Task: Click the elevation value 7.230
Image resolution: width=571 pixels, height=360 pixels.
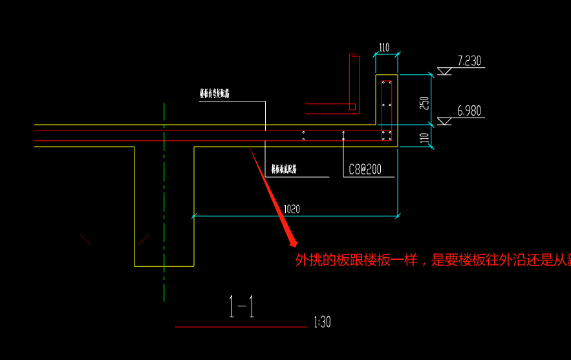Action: coord(469,61)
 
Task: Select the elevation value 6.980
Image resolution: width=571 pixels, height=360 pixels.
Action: coord(469,111)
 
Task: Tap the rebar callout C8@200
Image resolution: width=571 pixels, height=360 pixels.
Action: coord(365,170)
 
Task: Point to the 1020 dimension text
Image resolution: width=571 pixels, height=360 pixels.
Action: coord(291,209)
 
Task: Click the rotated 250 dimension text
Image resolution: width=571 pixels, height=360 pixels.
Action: coord(424,103)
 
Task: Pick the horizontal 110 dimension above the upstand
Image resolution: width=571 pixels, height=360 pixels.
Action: coord(384,47)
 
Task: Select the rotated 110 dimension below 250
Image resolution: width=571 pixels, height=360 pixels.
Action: coord(424,138)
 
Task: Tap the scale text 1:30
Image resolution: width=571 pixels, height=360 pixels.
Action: coord(321,322)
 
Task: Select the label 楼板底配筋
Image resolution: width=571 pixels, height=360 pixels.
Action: coord(284,170)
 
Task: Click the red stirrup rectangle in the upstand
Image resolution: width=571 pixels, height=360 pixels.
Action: coord(387,110)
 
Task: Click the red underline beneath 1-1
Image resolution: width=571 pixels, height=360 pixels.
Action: coord(241,327)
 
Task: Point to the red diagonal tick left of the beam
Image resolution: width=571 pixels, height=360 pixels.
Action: coord(85,240)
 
